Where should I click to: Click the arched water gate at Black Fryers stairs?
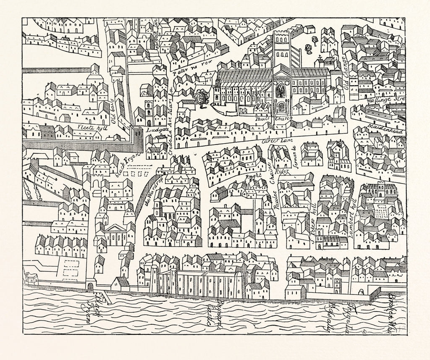[90, 287]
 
